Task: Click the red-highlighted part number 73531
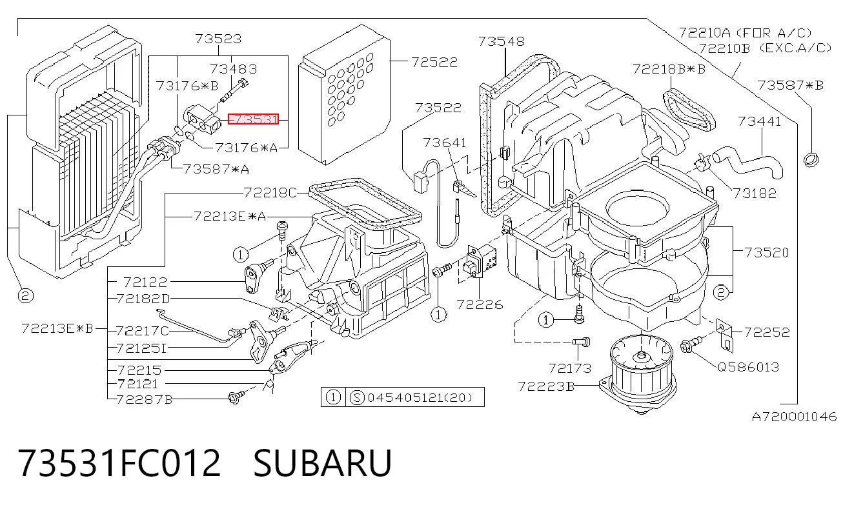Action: click(253, 119)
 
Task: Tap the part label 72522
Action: click(434, 63)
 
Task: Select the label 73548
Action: click(502, 41)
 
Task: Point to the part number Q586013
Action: click(748, 366)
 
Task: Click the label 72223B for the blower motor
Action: click(546, 386)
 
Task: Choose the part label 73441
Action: click(760, 121)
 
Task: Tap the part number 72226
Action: click(480, 304)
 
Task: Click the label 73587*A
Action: click(216, 169)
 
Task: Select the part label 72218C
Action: click(270, 193)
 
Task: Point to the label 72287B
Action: click(145, 399)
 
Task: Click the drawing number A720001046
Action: click(794, 417)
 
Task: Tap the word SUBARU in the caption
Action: click(323, 463)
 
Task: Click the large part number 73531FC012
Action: click(119, 463)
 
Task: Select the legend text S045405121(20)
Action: click(411, 397)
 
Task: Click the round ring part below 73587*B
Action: click(811, 159)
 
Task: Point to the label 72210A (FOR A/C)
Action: click(745, 33)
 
